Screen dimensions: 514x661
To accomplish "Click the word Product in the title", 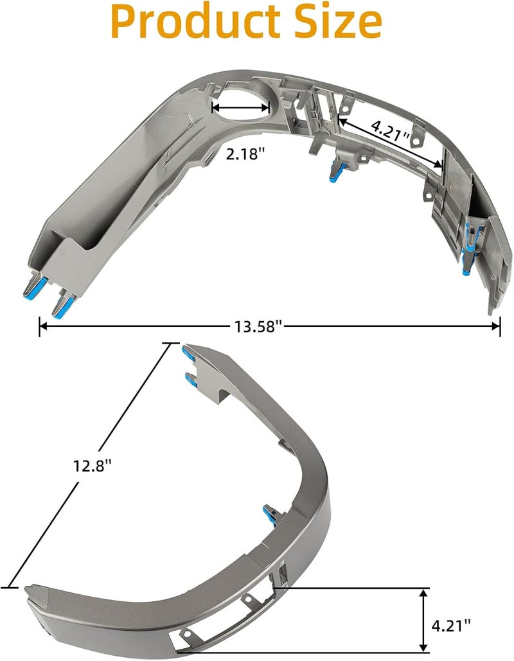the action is [x=196, y=21].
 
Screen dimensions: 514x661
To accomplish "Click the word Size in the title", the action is [x=337, y=21].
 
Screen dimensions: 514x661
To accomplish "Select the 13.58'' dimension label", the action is [x=258, y=326].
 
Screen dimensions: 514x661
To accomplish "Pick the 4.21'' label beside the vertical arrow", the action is [x=451, y=626].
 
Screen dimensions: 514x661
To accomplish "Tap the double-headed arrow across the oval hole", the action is [x=241, y=107].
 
